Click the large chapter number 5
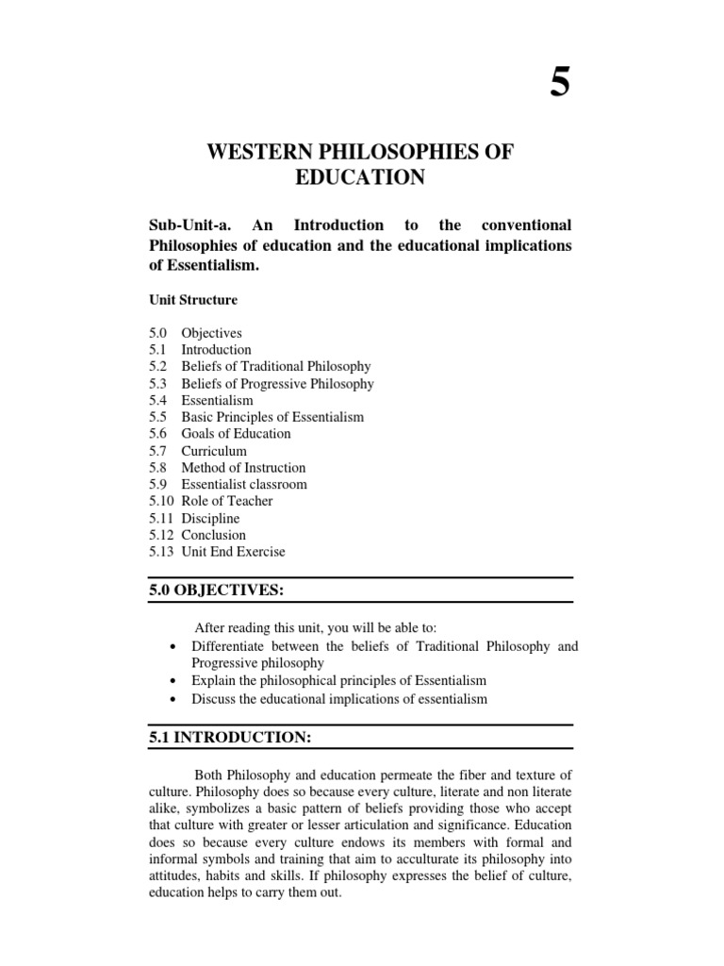click(x=560, y=84)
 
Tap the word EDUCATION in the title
click(x=361, y=178)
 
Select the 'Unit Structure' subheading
click(x=193, y=300)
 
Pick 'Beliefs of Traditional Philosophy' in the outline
click(x=276, y=367)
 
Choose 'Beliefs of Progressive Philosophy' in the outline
click(x=278, y=384)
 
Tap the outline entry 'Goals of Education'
click(x=236, y=434)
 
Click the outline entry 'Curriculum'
click(x=214, y=451)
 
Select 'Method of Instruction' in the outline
click(x=243, y=468)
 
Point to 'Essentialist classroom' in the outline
click(x=244, y=485)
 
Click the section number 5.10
click(x=161, y=502)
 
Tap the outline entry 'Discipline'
click(x=210, y=519)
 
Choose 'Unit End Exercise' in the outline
click(x=233, y=552)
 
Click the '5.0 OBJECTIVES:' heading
click(x=217, y=591)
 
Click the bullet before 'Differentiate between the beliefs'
click(x=172, y=647)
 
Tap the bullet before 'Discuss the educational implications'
click(x=172, y=699)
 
